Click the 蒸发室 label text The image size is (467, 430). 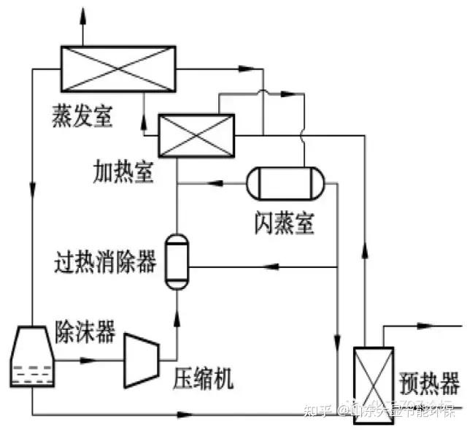pos(82,115)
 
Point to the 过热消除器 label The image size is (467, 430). pos(106,261)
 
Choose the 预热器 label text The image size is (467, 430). pos(430,382)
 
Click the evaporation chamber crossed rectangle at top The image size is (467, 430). pos(117,69)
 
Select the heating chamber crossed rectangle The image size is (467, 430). pos(196,136)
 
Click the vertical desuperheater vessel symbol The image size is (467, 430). pos(176,261)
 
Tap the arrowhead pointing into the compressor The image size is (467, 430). pos(91,361)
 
